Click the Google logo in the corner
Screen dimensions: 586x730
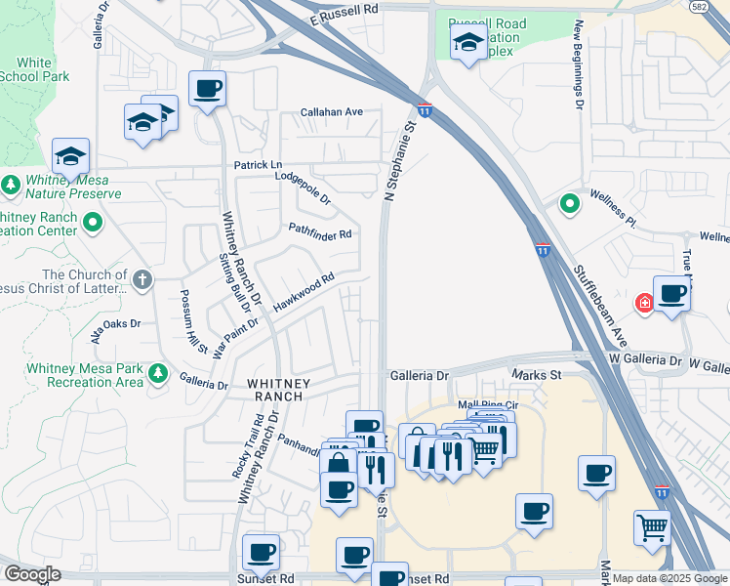[31, 574]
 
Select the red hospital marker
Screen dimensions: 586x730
[645, 304]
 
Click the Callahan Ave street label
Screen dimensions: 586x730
[332, 112]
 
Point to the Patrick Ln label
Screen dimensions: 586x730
[257, 165]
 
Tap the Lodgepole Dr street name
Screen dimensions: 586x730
[304, 186]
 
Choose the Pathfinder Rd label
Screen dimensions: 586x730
[319, 232]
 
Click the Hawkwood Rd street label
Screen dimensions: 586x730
[304, 292]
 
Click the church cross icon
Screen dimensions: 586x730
[142, 281]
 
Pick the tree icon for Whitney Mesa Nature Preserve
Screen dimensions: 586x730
[11, 185]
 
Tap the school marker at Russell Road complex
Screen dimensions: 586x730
[467, 43]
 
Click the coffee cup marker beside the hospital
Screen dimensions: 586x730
[671, 292]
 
